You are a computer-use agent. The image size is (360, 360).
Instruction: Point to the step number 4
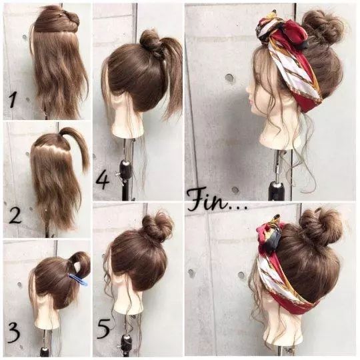(103, 181)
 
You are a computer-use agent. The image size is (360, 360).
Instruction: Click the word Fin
(207, 201)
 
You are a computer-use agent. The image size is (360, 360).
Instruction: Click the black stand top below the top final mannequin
(277, 188)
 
